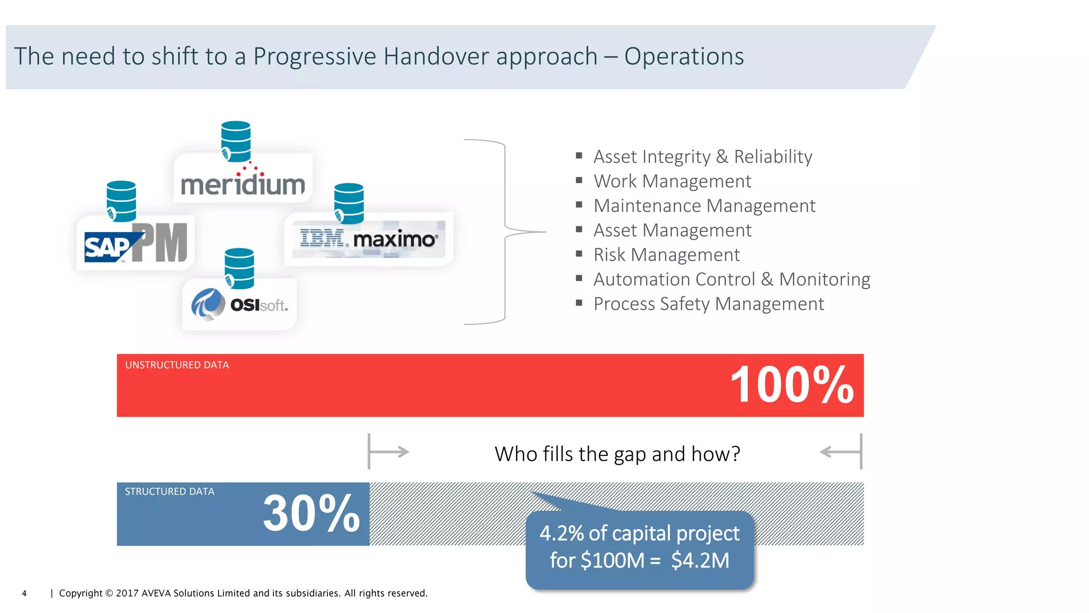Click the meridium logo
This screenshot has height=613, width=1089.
[x=243, y=184]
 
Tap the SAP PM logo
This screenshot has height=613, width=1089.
[x=136, y=244]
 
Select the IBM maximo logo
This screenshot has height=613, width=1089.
[x=369, y=239]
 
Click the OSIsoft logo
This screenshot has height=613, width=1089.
[x=240, y=305]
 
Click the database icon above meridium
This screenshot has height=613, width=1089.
[x=236, y=141]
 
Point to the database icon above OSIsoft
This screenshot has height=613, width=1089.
[x=239, y=268]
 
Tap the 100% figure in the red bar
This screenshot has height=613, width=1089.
[x=792, y=385]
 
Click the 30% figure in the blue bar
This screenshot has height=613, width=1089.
[x=312, y=513]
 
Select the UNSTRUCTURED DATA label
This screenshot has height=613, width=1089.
[x=177, y=365]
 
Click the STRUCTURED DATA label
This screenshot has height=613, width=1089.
[x=170, y=492]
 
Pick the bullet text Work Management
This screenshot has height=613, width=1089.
[x=672, y=181]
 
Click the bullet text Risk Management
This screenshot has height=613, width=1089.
[x=666, y=255]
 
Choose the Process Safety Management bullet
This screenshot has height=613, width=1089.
[x=708, y=304]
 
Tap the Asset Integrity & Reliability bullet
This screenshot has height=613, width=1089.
[x=702, y=157]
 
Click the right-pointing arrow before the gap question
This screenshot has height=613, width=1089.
[x=389, y=452]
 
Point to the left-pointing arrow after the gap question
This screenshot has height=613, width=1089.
[x=840, y=452]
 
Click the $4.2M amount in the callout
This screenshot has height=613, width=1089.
[x=700, y=560]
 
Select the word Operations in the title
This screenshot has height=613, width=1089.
[x=684, y=56]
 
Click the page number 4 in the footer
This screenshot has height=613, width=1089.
[x=24, y=593]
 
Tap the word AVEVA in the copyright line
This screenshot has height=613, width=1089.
[x=156, y=593]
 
